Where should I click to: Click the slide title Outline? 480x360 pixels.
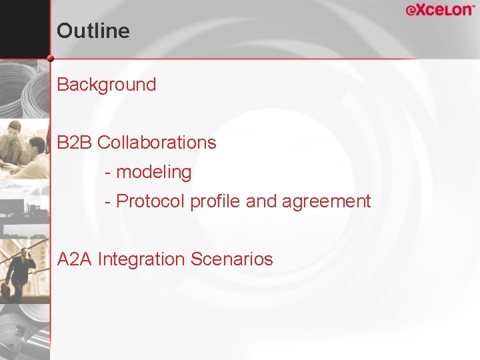[x=93, y=31]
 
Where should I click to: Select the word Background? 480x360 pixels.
[x=107, y=85]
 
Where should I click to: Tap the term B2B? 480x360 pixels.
[x=75, y=142]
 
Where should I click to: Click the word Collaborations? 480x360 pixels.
[x=157, y=142]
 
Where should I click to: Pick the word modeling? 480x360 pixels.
[x=153, y=172]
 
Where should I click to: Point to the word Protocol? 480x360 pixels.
[x=151, y=201]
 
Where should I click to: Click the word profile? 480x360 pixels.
[x=216, y=201]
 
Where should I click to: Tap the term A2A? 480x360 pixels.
[x=75, y=259]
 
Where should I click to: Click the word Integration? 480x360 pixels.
[x=141, y=259]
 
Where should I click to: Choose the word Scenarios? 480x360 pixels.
[x=231, y=259]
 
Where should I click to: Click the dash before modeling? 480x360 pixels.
[x=108, y=173]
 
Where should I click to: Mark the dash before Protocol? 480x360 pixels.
[x=108, y=201]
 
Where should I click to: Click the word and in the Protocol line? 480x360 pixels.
[x=261, y=201]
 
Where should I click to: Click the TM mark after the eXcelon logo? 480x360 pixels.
[x=474, y=7]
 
